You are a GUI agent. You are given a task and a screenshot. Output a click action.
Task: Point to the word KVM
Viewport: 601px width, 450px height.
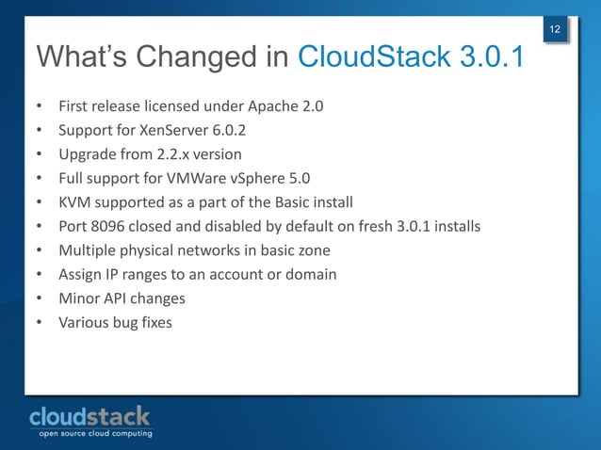74,202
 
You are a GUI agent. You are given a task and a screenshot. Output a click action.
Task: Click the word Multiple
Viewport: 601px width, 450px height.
88,250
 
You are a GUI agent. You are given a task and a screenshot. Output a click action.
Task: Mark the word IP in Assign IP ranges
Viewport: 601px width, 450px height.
117,275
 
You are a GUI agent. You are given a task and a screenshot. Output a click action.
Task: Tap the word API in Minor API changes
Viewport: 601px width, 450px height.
118,298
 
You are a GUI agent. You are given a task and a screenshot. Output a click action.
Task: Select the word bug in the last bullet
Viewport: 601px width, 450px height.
131,323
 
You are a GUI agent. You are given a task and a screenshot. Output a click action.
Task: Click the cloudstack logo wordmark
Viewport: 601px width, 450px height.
89,416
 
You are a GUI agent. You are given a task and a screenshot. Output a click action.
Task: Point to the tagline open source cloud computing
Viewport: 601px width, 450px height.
94,434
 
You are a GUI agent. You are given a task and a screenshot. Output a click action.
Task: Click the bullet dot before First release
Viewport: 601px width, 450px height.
40,106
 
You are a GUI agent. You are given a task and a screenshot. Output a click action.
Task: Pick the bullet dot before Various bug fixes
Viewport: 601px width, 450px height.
40,323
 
